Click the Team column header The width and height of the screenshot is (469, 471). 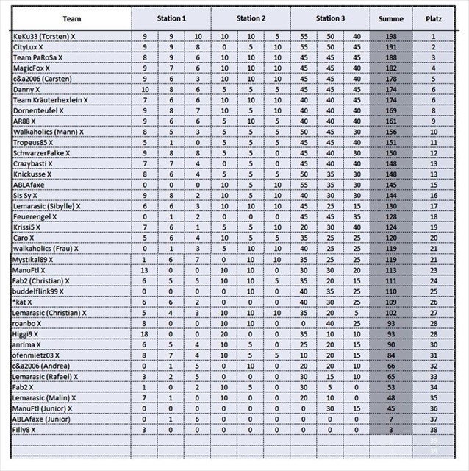click(72, 18)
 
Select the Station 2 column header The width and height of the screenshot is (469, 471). click(250, 18)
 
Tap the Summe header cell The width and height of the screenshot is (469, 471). click(390, 18)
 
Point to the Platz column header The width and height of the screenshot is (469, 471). click(434, 18)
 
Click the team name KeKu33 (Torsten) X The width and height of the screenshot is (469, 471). click(45, 36)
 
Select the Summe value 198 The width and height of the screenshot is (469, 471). click(390, 36)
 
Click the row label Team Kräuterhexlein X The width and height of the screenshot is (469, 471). click(51, 99)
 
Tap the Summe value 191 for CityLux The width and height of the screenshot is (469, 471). click(390, 46)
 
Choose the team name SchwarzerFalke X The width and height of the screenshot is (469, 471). click(42, 153)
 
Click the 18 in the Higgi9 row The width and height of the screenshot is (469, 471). click(145, 333)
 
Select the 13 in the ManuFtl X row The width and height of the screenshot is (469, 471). click(145, 270)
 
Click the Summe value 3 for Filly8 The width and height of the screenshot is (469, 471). click(390, 429)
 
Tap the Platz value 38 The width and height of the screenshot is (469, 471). click(434, 429)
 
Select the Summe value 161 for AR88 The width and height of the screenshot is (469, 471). click(390, 121)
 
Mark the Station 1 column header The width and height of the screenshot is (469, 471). click(171, 18)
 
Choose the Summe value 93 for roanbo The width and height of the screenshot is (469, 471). click(390, 323)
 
